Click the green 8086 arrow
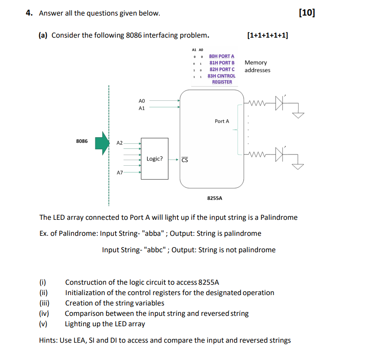tap(103, 143)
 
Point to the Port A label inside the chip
tap(222, 121)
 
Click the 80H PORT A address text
tap(221, 56)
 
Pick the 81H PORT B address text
tap(221, 63)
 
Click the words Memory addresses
tap(257, 66)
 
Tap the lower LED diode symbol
tap(279, 153)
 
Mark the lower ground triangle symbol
tap(298, 166)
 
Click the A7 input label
tap(120, 173)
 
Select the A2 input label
tap(120, 142)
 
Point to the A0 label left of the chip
tap(142, 100)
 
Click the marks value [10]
tap(307, 13)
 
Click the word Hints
tap(48, 340)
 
